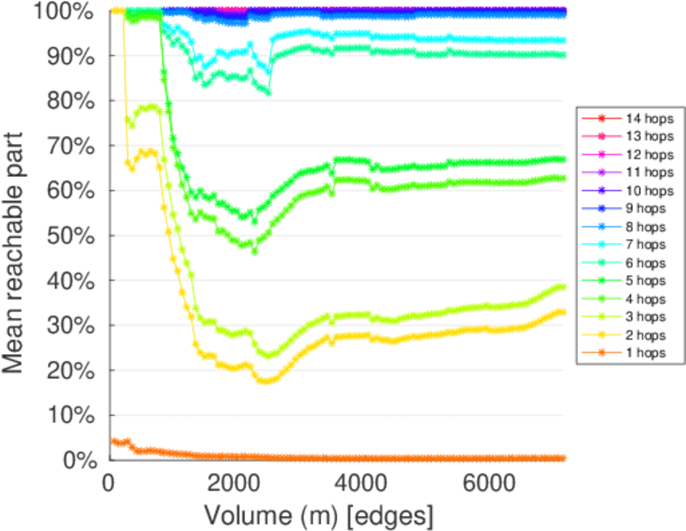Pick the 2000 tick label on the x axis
[235, 483]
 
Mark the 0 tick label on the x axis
[109, 483]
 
